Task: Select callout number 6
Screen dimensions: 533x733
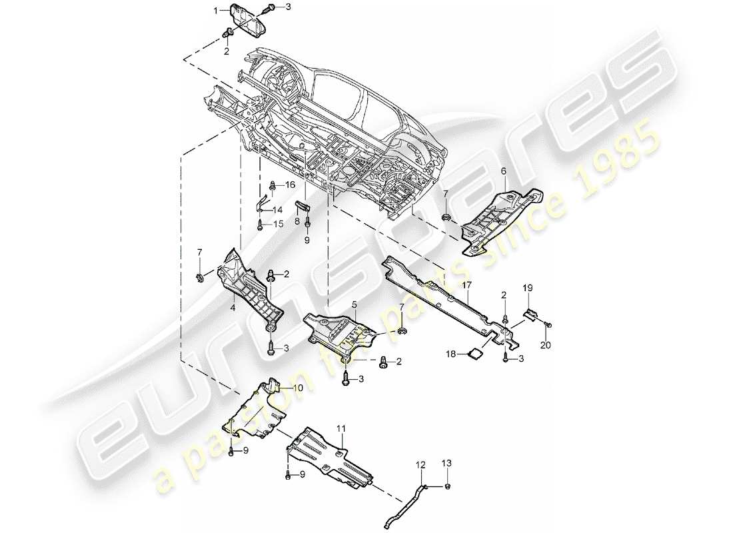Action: (504, 171)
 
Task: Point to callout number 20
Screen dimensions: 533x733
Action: (546, 345)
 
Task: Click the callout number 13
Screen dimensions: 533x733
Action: (446, 462)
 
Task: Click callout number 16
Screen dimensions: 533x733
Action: (290, 185)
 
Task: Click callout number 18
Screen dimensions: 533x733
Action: (451, 354)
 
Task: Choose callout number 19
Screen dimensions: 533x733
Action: (527, 288)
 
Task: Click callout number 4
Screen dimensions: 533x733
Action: (233, 308)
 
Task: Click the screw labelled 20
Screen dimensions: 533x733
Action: (547, 324)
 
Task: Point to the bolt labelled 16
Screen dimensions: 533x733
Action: (273, 185)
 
